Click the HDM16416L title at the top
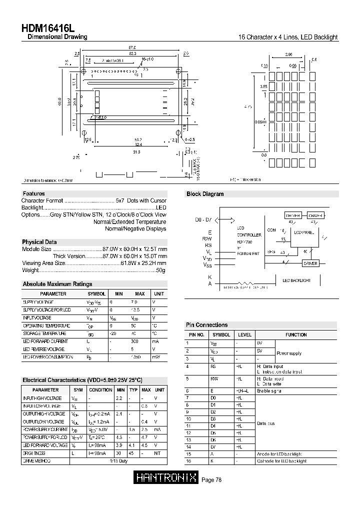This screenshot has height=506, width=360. point(48,28)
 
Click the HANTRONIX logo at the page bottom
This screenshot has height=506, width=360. point(166,478)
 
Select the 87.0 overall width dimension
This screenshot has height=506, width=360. point(132,47)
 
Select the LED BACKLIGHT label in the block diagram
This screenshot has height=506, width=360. point(296,280)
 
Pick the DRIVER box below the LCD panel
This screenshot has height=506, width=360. point(310,263)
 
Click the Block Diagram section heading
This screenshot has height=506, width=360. point(205,194)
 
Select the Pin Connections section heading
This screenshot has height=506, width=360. point(206,325)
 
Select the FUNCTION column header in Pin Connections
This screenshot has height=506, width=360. point(296,334)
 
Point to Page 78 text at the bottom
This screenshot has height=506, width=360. point(211,479)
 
